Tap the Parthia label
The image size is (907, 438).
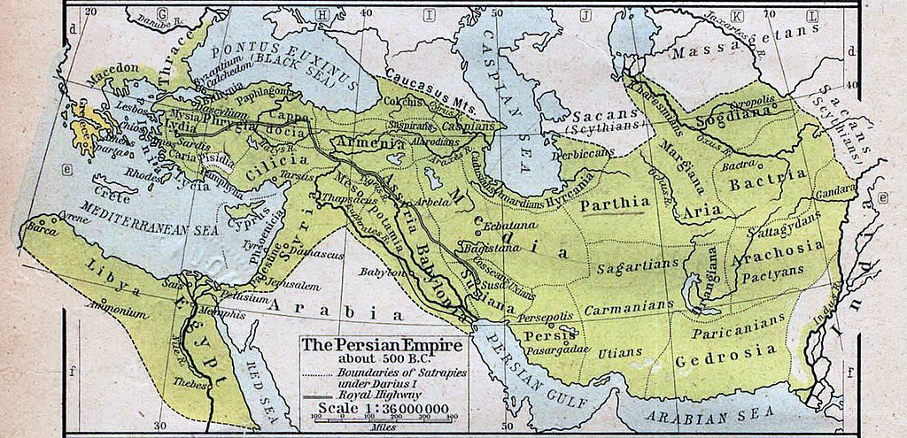click(x=617, y=203)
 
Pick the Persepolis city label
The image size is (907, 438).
click(x=547, y=314)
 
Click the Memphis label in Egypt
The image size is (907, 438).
click(x=202, y=313)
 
